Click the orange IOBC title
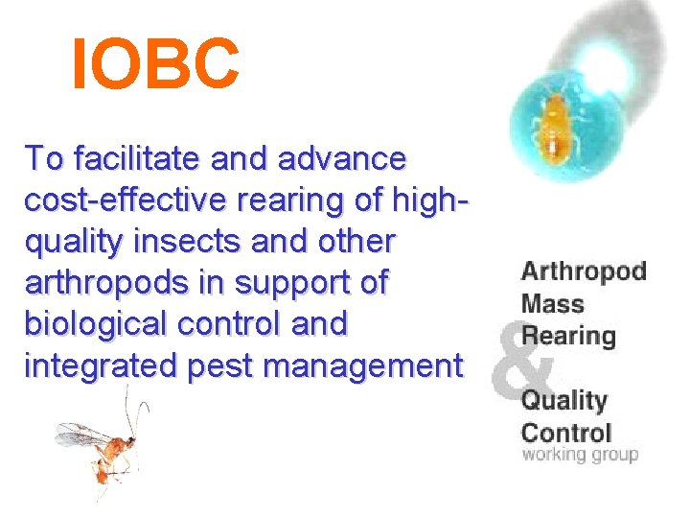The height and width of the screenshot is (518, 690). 156,65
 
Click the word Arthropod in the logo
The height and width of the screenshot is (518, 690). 584,271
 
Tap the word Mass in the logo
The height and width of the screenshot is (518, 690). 552,304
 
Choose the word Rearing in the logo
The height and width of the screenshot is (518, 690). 567,337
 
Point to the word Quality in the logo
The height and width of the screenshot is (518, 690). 563,400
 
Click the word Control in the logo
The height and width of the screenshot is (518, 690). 565,432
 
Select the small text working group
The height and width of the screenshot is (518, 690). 579,454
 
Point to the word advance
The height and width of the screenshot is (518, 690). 347,157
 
